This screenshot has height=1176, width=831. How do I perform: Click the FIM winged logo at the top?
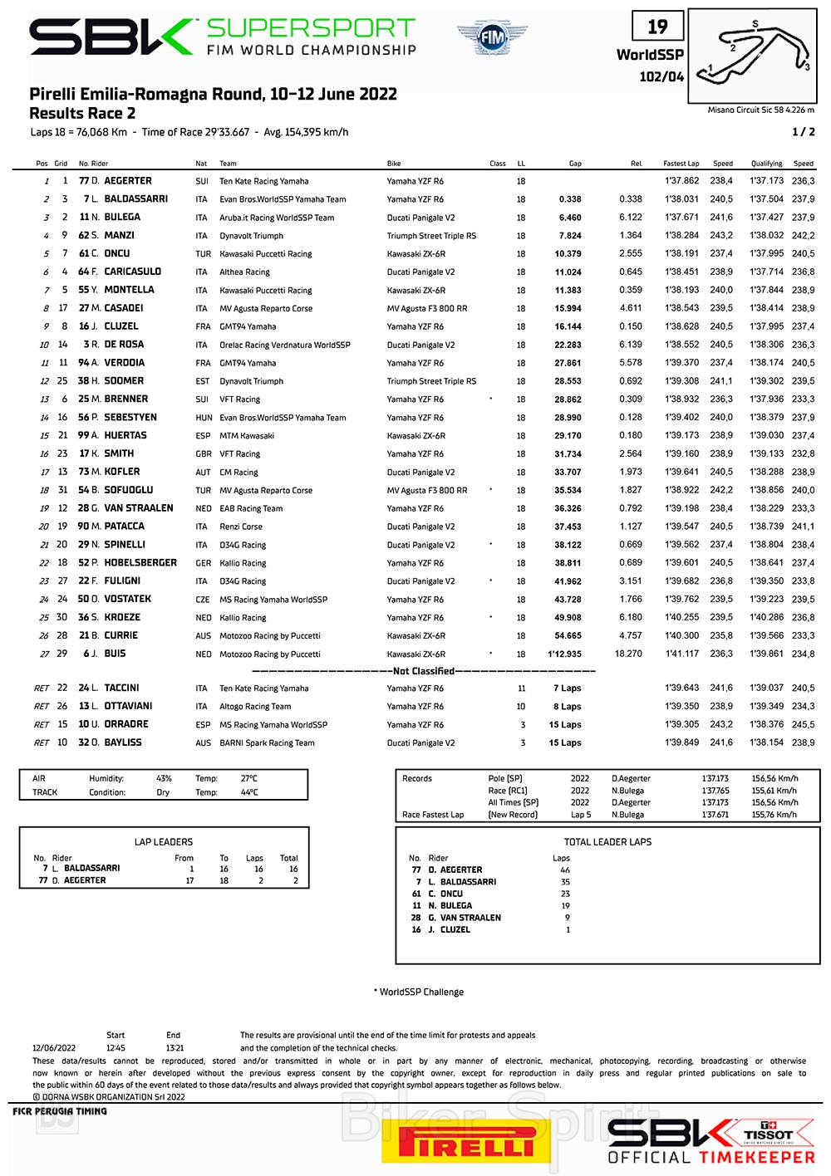[491, 37]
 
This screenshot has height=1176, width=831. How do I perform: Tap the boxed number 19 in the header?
[657, 27]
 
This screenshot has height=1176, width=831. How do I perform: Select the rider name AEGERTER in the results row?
[128, 180]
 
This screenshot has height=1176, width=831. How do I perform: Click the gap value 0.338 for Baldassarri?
[570, 199]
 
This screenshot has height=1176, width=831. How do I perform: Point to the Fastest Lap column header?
[681, 164]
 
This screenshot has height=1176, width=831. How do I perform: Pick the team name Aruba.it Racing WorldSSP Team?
[277, 218]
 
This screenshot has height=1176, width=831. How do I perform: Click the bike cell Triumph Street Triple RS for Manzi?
[431, 236]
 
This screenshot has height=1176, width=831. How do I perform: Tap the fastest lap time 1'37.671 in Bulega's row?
[681, 218]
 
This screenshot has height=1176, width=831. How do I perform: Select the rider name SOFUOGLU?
[129, 490]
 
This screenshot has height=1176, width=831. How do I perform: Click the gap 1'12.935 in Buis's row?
[564, 654]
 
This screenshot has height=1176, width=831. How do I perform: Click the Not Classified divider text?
[424, 671]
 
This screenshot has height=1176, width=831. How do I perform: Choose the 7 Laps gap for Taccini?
[568, 688]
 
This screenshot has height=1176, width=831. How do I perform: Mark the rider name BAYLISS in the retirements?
[123, 742]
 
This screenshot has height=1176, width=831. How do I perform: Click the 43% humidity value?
[164, 778]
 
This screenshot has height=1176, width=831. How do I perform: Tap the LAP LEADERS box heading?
[164, 841]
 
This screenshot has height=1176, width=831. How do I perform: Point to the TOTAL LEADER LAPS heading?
[607, 841]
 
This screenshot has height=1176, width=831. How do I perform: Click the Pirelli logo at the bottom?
[465, 1143]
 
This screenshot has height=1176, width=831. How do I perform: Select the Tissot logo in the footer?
[768, 1133]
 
